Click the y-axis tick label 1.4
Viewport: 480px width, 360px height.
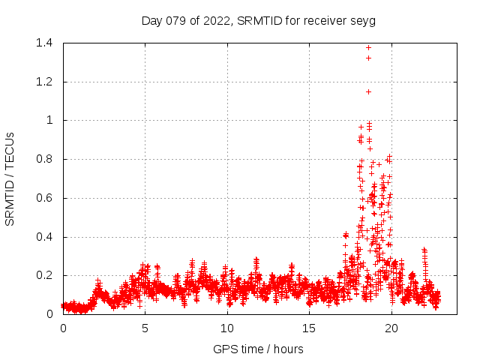coord(44,43)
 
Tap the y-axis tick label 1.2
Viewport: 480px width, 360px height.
coord(44,82)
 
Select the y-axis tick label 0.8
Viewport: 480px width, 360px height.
coord(44,159)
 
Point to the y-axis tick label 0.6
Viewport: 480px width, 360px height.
coord(44,198)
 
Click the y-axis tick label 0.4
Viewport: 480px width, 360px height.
coord(44,237)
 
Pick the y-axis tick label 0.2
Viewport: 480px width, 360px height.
coord(44,276)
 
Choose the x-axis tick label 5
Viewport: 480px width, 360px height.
coord(145,328)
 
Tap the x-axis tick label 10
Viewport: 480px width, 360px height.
coord(227,328)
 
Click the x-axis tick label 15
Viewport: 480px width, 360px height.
coord(309,328)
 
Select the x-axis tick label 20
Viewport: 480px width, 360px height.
coord(391,328)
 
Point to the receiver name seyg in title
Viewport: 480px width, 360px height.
coord(362,20)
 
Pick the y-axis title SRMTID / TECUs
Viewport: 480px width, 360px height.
coord(10,178)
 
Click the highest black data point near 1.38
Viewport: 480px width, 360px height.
coord(368,47)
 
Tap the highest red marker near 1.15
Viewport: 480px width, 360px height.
coord(368,91)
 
